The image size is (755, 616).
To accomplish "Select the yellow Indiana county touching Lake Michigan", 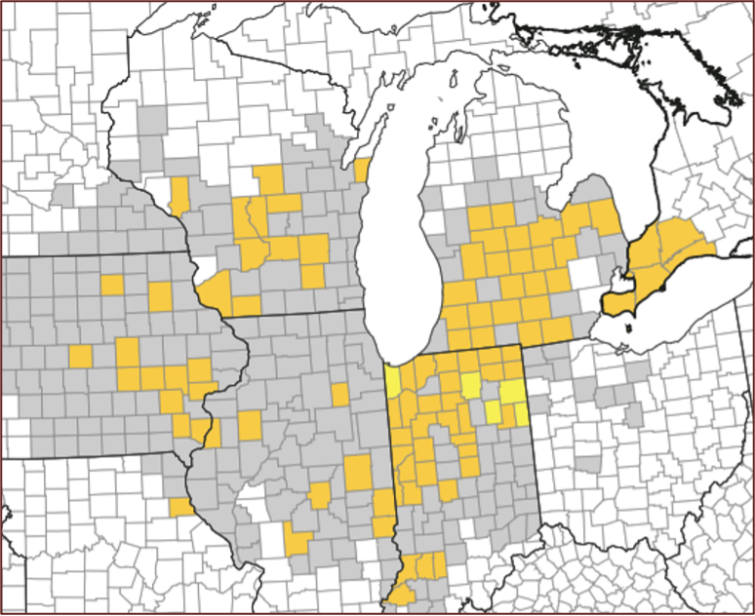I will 393,381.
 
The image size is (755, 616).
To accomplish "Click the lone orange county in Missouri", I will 181,507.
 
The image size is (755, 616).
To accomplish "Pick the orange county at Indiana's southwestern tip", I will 401,596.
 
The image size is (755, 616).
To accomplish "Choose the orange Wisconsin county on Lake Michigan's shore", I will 362,171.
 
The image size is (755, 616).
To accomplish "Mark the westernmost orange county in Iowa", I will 80,356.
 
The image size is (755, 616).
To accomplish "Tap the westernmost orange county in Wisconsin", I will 179,193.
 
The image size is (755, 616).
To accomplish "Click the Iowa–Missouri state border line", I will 98,454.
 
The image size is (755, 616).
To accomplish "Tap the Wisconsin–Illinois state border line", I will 293,316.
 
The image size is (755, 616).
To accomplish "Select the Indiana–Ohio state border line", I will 533,439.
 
